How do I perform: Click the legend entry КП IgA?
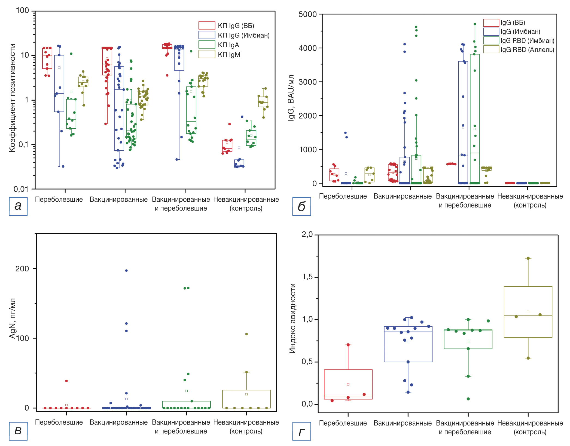click(228, 45)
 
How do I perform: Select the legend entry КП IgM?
click(229, 54)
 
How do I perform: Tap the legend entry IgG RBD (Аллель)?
click(527, 49)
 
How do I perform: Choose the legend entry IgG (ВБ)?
click(513, 23)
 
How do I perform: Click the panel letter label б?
click(301, 206)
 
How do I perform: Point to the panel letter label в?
click(18, 431)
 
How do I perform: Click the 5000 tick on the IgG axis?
click(307, 14)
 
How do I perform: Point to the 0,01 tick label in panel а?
click(21, 189)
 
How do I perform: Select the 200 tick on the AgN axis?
click(22, 269)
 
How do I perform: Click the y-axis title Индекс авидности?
click(292, 318)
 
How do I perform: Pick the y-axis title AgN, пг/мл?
click(12, 318)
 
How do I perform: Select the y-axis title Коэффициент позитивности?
click(12, 98)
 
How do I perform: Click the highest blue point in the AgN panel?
click(126, 271)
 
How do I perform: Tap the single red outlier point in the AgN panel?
click(66, 381)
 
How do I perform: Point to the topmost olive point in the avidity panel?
click(528, 258)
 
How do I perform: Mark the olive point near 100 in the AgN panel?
click(246, 334)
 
